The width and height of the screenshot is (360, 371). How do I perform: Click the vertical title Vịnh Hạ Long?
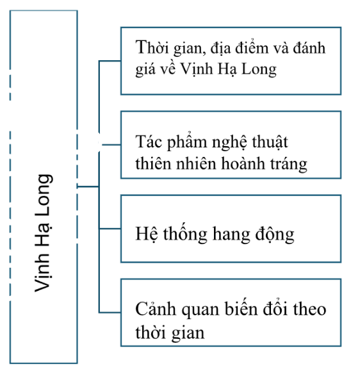pyautogui.click(x=44, y=233)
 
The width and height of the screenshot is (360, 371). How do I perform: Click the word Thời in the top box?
pyautogui.click(x=152, y=47)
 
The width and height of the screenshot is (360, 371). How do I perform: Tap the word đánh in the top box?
pyautogui.click(x=309, y=47)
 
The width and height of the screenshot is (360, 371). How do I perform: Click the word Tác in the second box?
pyautogui.click(x=149, y=142)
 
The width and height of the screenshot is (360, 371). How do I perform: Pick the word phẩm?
pyautogui.click(x=187, y=142)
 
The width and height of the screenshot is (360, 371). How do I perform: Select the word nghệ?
pyautogui.click(x=229, y=143)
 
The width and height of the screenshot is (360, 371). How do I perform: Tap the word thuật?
pyautogui.click(x=270, y=143)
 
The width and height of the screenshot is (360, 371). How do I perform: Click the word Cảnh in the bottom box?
pyautogui.click(x=156, y=308)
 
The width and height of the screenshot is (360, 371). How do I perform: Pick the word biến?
pyautogui.click(x=238, y=308)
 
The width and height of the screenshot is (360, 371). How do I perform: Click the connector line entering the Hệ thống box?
pyautogui.click(x=110, y=229)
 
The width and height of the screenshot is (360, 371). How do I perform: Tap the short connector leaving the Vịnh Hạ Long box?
pyautogui.click(x=88, y=186)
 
